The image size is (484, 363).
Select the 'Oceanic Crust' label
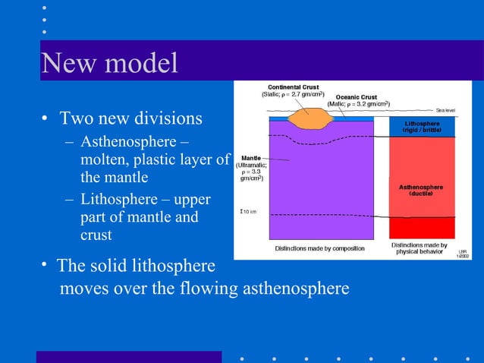[358, 96]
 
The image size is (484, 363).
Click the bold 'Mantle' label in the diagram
[252, 158]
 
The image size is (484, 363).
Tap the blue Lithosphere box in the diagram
[422, 127]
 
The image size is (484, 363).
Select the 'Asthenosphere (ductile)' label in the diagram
[422, 190]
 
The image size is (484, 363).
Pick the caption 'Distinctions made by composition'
[319, 248]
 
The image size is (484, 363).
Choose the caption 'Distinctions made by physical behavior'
[419, 248]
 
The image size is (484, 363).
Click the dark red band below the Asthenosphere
[422, 228]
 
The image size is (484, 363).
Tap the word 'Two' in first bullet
[76, 118]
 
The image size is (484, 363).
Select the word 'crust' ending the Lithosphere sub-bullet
[97, 235]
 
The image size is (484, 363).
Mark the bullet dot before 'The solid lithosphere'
[46, 265]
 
